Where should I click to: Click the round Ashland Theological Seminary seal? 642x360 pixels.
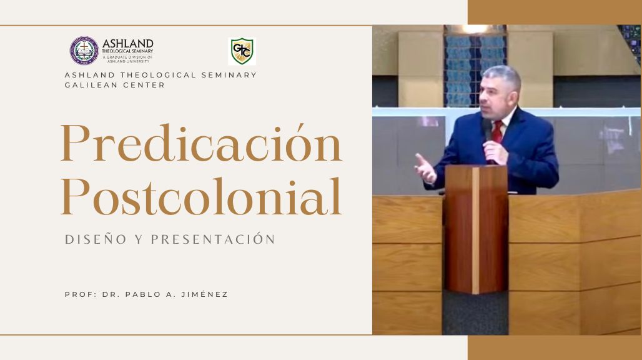point(84,51)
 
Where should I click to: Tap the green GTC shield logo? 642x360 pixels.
point(242,51)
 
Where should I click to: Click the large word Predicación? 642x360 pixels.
point(201,143)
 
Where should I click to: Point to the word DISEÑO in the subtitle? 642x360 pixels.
point(96,239)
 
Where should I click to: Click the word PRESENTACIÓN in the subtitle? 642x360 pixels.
point(214,239)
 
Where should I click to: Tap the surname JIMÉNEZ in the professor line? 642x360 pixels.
point(204,294)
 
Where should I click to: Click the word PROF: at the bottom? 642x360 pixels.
point(80,294)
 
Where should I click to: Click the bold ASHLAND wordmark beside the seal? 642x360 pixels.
point(128,43)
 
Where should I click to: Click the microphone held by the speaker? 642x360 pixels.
point(486,130)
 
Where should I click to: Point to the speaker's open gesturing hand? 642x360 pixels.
point(425,168)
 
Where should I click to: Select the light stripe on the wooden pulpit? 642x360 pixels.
point(475,230)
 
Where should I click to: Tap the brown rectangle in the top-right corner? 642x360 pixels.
point(555,12)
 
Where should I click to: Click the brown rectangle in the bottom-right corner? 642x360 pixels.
point(555,347)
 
